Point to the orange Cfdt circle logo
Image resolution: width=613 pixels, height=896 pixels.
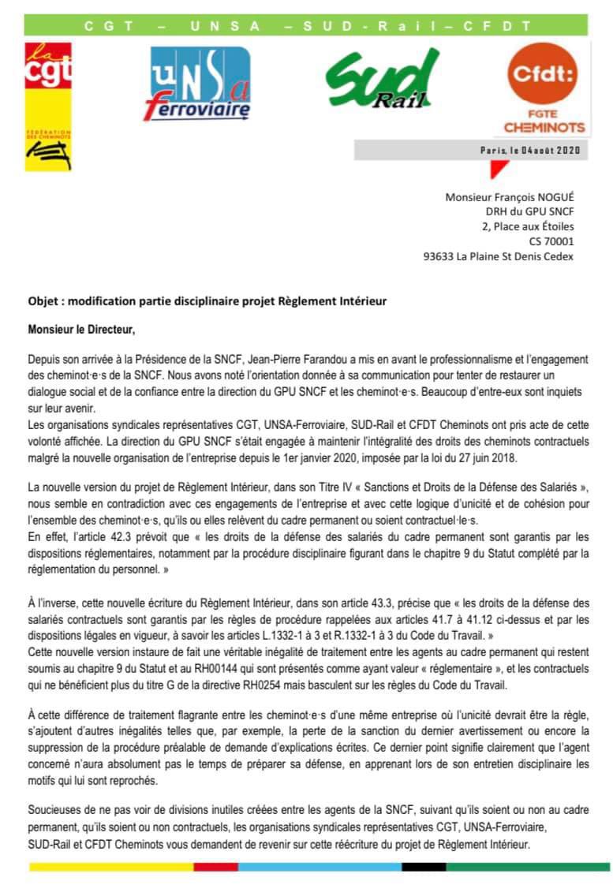coord(544,75)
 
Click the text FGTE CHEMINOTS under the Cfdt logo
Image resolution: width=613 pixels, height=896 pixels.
coord(544,120)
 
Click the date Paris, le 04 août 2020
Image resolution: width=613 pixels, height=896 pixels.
coord(529,150)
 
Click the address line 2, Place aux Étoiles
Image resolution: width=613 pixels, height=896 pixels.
coord(528,227)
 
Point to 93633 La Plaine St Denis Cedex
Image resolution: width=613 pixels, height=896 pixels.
coord(499,256)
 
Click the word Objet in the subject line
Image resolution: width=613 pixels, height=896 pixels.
coord(41,301)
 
